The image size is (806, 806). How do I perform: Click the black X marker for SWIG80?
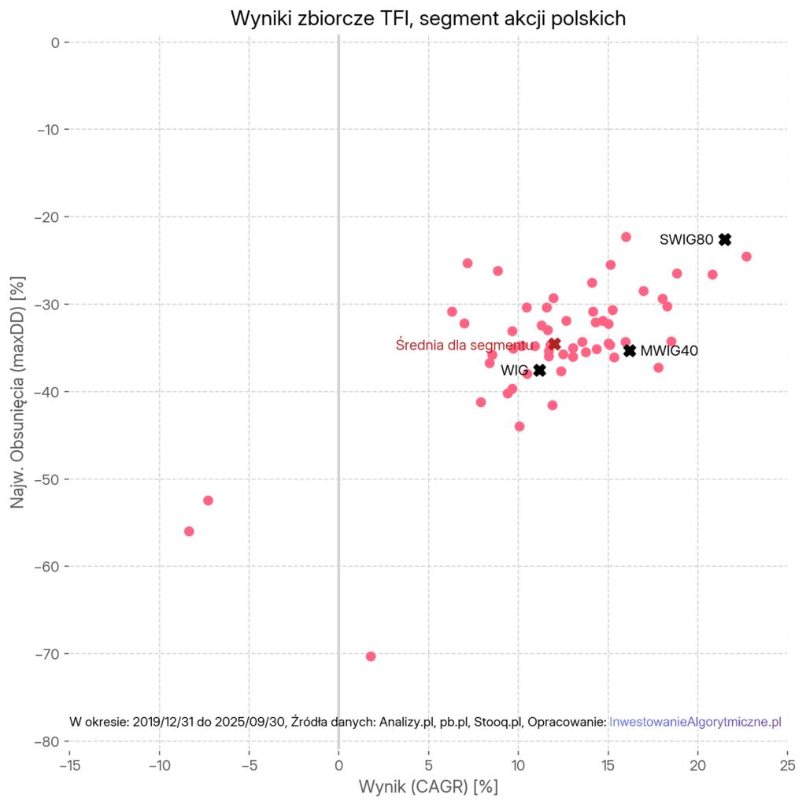[x=725, y=239]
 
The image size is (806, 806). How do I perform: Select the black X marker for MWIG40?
[x=630, y=350]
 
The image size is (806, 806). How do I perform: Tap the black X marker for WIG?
[x=539, y=370]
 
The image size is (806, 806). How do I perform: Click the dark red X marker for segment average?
[x=554, y=344]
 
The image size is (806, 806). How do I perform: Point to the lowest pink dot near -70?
[x=371, y=656]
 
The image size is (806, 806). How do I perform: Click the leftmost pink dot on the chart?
[x=189, y=531]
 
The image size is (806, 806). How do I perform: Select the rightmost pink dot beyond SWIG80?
[x=746, y=257]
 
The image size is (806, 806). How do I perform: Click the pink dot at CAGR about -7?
[x=208, y=501]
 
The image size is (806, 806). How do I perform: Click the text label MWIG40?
[x=669, y=351]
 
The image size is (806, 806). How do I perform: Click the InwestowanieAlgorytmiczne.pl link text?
[x=695, y=722]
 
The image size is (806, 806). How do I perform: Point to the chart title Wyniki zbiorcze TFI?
[x=428, y=19]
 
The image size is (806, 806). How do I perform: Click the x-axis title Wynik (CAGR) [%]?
[x=428, y=786]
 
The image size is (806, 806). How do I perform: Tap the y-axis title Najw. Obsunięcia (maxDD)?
[x=17, y=391]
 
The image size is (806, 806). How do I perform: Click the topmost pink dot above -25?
[x=626, y=237]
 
